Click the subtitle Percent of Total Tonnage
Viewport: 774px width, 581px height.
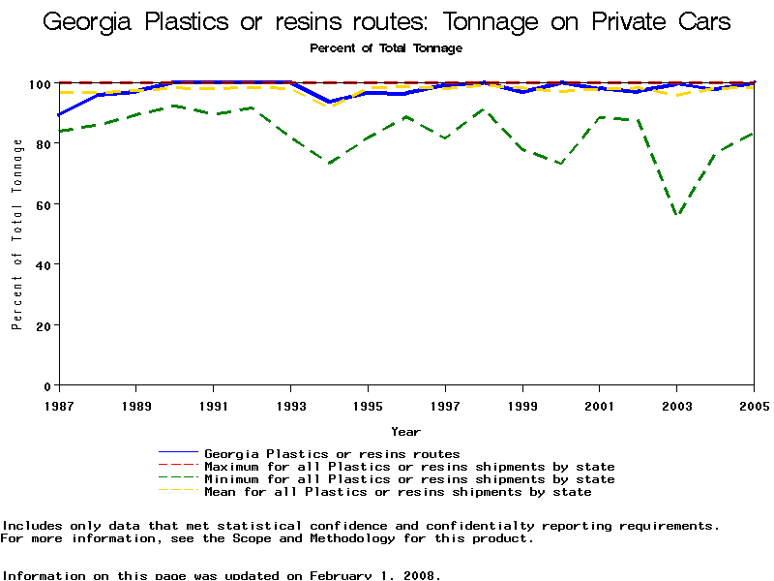[x=386, y=47]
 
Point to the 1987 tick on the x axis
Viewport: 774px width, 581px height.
[x=59, y=406]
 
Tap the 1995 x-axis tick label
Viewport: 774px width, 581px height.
[x=368, y=406]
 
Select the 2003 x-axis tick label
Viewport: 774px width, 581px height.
[x=676, y=406]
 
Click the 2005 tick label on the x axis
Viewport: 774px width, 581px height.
[x=753, y=406]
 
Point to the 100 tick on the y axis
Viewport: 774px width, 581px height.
[x=41, y=84]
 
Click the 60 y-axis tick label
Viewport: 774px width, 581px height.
[x=45, y=204]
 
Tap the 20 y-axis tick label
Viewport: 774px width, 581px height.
[x=45, y=325]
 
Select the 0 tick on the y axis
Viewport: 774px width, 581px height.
[x=48, y=385]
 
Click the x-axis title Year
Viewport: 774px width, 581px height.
[x=405, y=431]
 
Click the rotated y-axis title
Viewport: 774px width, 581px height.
[x=17, y=234]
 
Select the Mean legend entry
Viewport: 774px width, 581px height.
[x=398, y=492]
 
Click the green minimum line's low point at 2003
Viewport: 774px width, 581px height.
[x=677, y=215]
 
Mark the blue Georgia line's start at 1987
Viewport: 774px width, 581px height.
[x=59, y=115]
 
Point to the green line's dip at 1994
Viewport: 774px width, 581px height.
[x=329, y=164]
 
